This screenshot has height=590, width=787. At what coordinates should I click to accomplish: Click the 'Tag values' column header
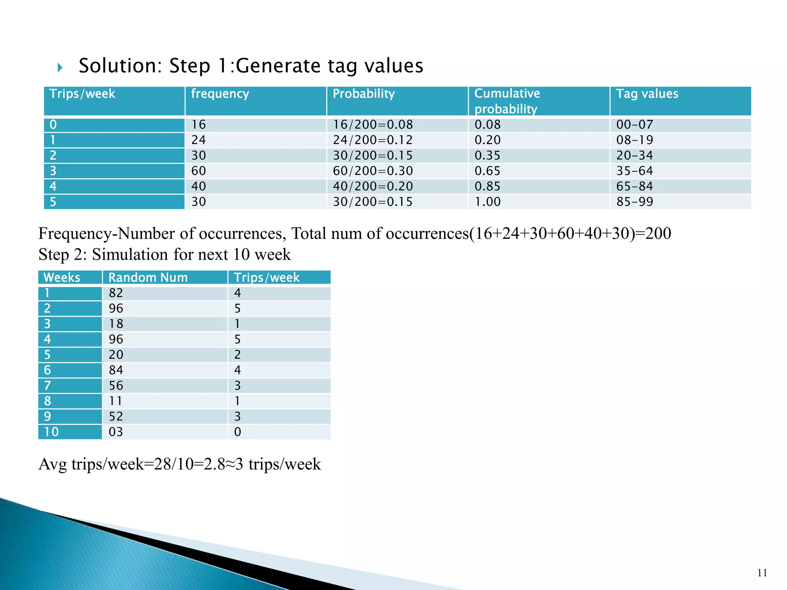click(x=647, y=94)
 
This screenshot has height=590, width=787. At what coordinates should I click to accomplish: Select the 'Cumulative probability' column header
click(x=507, y=101)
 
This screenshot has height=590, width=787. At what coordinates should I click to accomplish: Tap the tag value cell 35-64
click(x=634, y=171)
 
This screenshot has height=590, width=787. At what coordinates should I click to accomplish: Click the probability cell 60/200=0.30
click(x=372, y=171)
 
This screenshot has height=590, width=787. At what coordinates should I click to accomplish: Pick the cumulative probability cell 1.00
click(x=487, y=202)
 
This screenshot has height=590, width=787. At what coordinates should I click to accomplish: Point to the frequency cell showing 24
click(x=198, y=140)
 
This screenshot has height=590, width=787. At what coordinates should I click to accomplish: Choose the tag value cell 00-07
click(x=634, y=125)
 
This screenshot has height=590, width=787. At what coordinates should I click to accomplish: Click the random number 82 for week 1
click(x=116, y=293)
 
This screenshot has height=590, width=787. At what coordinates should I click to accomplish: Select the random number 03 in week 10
click(x=116, y=432)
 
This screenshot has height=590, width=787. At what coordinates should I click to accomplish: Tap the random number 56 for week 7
click(x=116, y=386)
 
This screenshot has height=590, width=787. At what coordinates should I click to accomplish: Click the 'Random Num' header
click(x=148, y=277)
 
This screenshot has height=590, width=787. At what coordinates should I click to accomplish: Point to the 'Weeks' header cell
click(x=62, y=277)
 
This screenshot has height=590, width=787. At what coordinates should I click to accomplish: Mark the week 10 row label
click(x=51, y=432)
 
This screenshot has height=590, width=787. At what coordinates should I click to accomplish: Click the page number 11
click(x=762, y=573)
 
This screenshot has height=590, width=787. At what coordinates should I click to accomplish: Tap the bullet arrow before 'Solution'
click(x=60, y=68)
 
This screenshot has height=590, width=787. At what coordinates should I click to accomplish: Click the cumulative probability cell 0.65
click(x=487, y=171)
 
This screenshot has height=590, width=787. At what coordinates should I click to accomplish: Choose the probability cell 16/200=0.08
click(x=372, y=125)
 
